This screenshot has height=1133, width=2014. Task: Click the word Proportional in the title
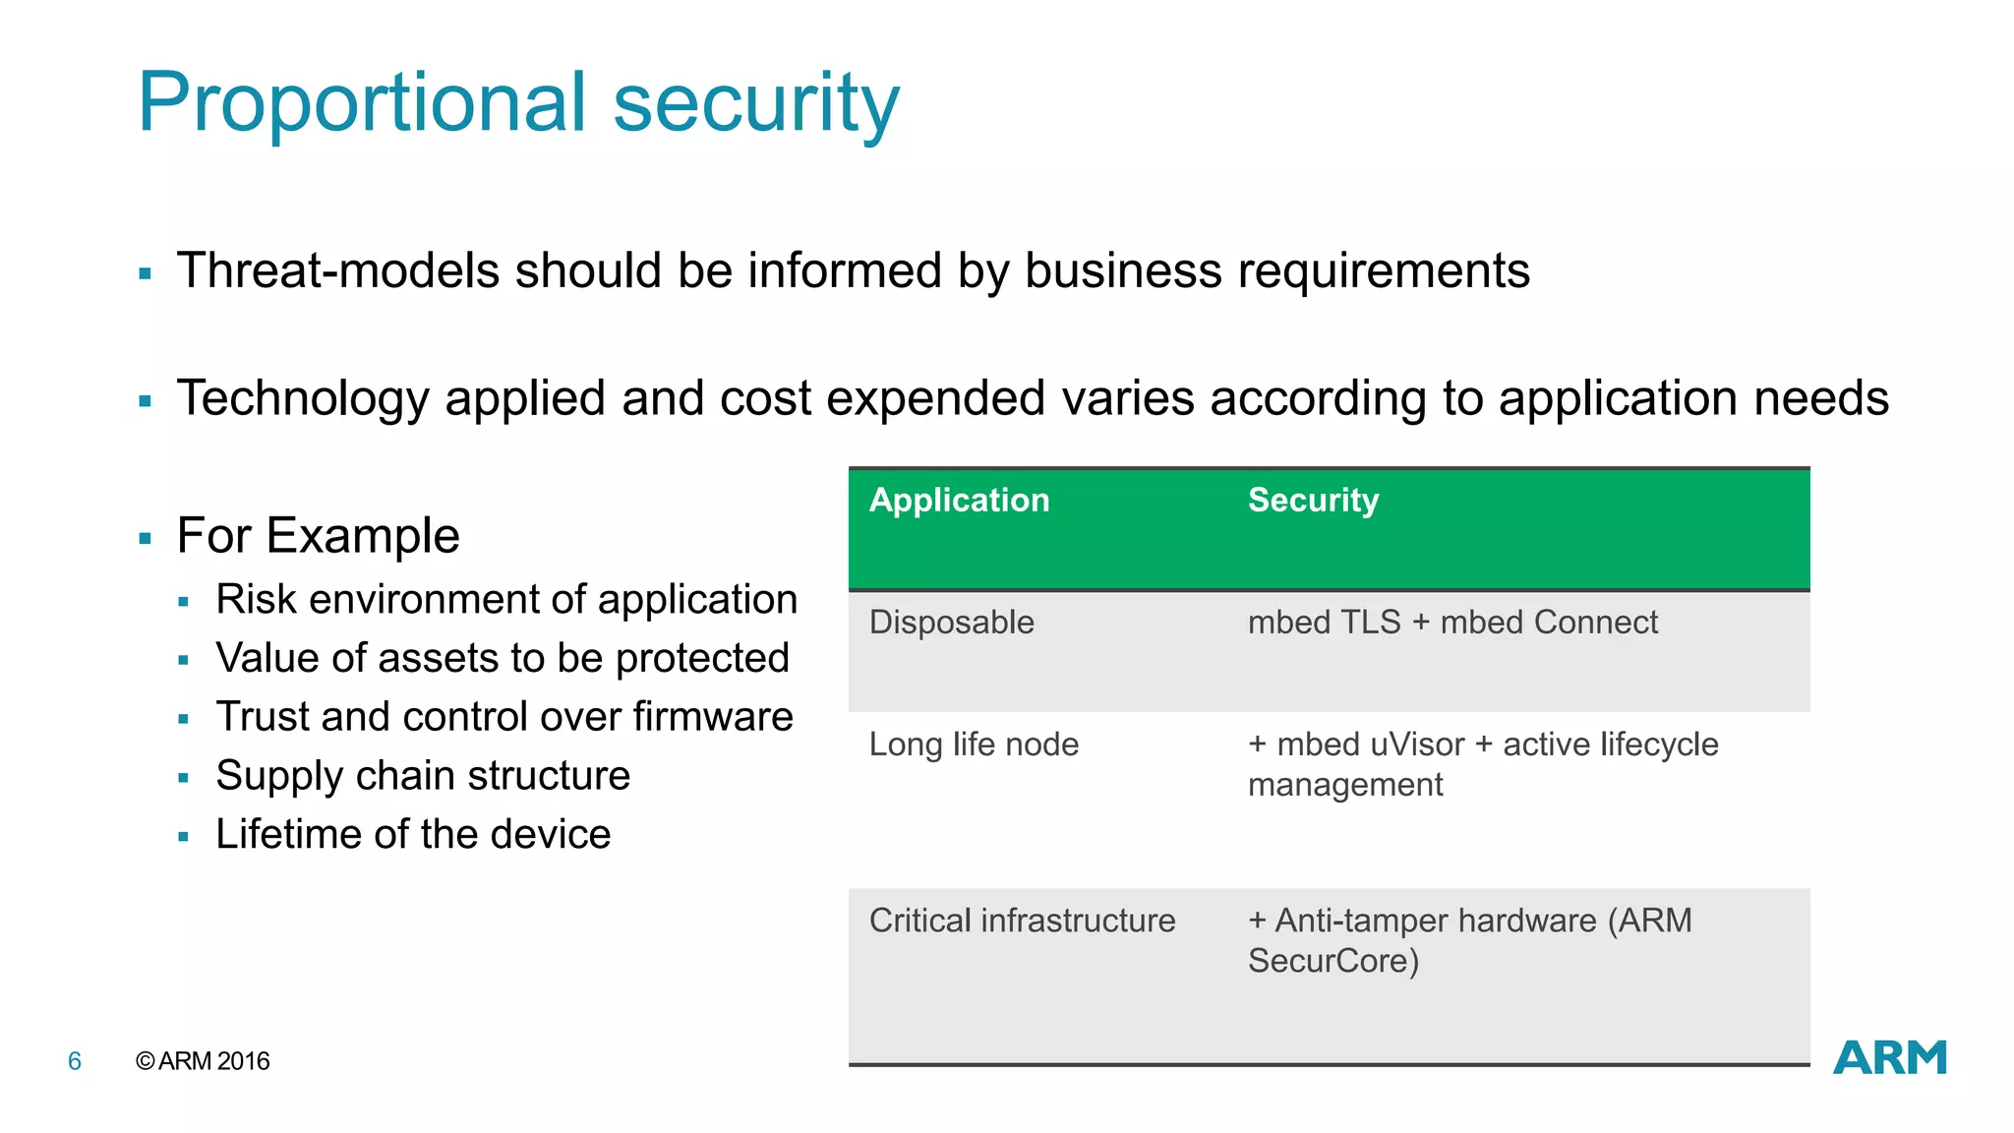(362, 104)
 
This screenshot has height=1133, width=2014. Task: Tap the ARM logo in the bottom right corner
(1889, 1058)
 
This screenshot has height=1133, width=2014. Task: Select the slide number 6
(75, 1061)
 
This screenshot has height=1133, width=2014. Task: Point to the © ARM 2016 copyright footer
(203, 1061)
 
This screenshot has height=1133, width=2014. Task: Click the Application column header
(959, 501)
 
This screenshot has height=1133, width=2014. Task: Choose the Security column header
(1313, 501)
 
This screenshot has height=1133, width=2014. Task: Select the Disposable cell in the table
(951, 623)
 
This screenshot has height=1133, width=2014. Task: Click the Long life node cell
(974, 745)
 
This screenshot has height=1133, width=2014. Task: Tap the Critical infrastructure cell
(1022, 921)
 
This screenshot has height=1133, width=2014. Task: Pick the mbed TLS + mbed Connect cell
(1451, 623)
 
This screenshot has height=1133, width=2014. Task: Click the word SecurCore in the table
(1329, 961)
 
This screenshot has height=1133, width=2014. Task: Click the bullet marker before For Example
(146, 539)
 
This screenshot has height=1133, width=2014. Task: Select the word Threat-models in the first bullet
(338, 271)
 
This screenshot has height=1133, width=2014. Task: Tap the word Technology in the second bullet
(303, 399)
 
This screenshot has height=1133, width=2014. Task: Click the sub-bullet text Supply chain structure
(423, 776)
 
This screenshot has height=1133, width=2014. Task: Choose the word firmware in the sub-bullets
(713, 717)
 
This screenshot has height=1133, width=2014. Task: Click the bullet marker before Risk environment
(184, 602)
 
